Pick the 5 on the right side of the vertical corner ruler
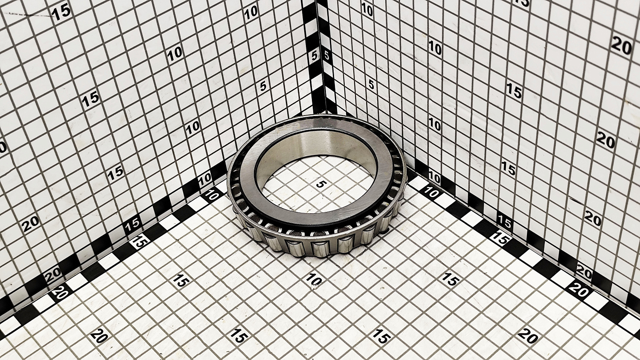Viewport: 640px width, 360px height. click(326, 55)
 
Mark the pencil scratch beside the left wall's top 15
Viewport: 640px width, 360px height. click(32, 15)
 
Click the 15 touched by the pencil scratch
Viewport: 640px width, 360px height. click(62, 13)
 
